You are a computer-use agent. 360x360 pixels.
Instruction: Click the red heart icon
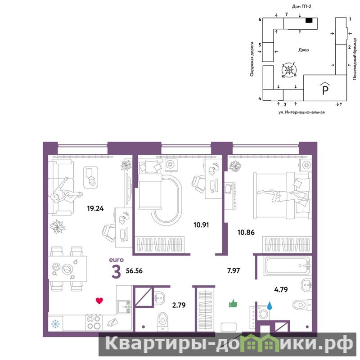99,301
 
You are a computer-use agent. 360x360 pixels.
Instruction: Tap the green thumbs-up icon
233,303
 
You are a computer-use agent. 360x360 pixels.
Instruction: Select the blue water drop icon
270,306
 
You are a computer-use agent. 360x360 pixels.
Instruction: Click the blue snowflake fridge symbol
55,324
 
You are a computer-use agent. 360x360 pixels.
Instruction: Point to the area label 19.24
95,208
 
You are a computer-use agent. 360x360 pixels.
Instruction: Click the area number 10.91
201,225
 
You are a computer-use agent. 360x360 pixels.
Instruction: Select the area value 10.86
246,232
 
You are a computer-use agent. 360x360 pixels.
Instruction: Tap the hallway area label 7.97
234,271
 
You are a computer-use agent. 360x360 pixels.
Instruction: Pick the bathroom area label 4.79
281,289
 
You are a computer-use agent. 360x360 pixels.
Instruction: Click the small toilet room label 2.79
179,305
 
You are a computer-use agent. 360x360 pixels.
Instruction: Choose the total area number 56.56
134,271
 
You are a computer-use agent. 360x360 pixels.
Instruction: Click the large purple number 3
116,271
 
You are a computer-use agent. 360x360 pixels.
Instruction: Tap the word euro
116,260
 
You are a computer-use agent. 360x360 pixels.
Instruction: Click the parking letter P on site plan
325,90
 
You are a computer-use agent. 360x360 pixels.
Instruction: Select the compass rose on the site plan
289,70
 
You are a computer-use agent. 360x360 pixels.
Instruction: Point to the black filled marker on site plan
309,20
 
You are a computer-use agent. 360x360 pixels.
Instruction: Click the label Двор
303,50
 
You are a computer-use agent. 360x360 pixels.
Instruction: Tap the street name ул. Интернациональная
301,112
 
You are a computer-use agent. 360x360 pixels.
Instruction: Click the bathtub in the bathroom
288,266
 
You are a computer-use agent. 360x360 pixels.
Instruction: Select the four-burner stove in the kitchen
94,323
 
